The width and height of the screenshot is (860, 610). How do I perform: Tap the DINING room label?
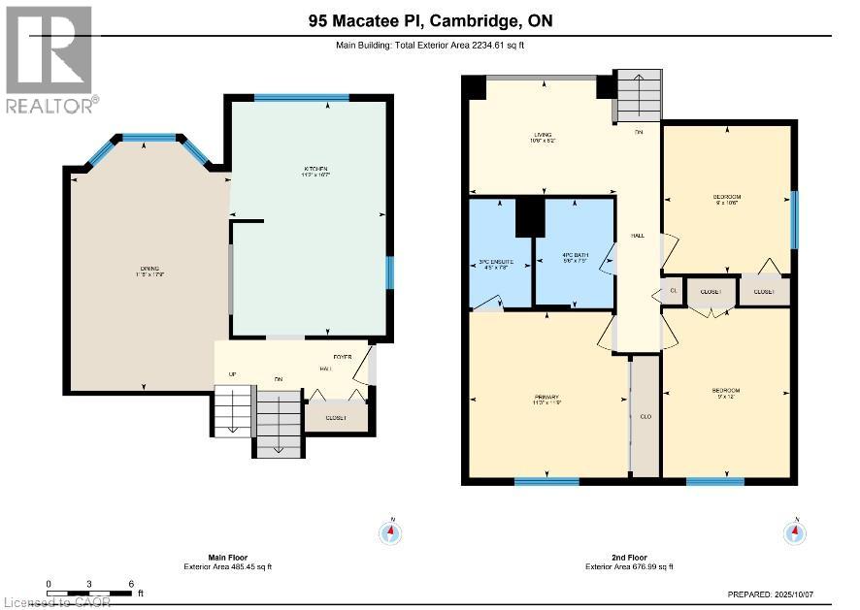[149, 269]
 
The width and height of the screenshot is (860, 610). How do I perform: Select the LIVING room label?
[543, 135]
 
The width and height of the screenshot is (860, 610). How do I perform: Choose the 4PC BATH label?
[576, 255]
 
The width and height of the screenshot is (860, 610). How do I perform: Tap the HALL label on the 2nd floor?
[638, 236]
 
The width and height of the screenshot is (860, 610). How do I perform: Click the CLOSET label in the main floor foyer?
[336, 418]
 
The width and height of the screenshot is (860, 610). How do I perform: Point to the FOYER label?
[343, 356]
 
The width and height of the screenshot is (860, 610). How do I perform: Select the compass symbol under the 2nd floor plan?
[795, 531]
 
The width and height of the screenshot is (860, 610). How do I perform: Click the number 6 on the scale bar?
[130, 584]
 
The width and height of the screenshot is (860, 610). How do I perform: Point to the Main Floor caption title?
[228, 558]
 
